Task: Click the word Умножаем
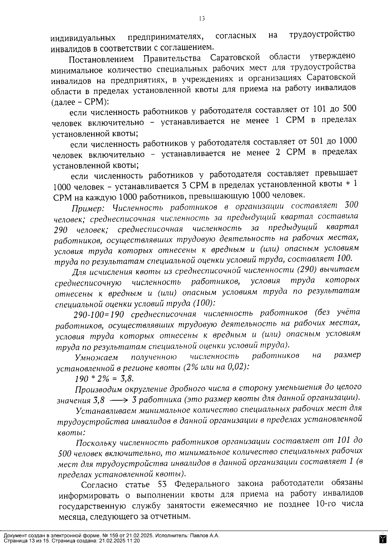(96, 358)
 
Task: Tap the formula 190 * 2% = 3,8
(104, 379)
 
